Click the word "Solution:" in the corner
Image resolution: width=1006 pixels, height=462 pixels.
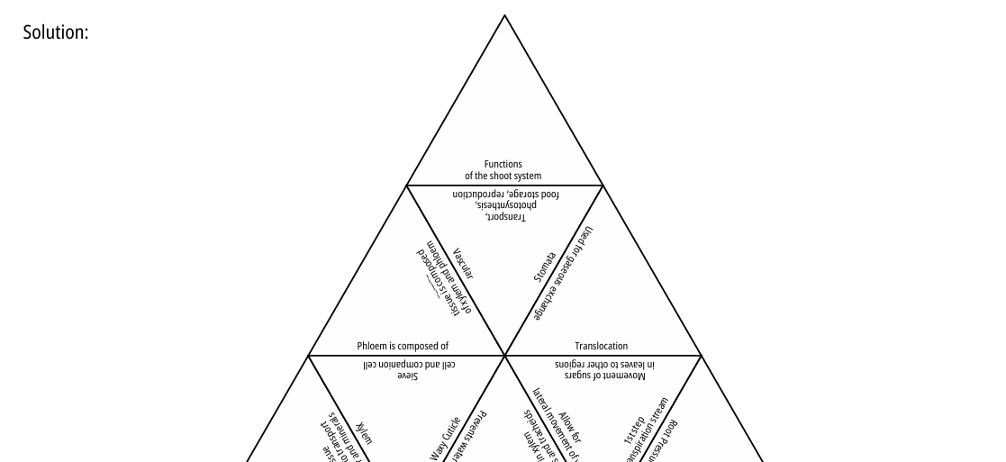(55, 32)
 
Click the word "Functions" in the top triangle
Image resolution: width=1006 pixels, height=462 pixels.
(503, 165)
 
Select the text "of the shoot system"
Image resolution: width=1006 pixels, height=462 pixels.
(503, 176)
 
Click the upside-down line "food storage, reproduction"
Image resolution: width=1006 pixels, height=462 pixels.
(505, 195)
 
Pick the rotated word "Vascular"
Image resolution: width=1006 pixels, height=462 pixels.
(463, 264)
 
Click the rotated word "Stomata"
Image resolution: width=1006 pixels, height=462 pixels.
(544, 268)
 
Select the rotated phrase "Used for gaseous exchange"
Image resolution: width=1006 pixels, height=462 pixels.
(564, 274)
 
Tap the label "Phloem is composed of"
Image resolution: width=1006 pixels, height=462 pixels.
(403, 346)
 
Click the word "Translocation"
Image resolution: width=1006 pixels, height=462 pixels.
(602, 346)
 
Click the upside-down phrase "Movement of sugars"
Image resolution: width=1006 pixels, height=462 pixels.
(605, 375)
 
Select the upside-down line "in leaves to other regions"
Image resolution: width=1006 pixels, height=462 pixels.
(605, 364)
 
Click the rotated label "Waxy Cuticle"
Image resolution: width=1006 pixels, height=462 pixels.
(446, 439)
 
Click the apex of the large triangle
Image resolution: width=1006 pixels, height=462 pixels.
(504, 15)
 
